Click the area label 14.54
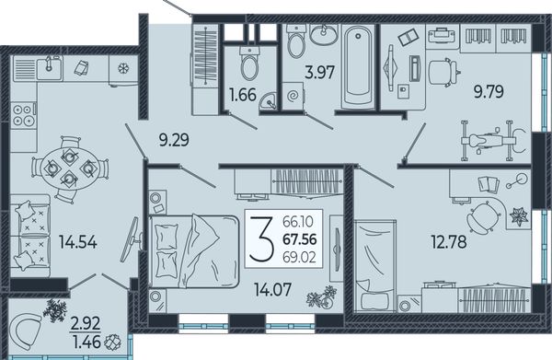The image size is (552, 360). point(78,242)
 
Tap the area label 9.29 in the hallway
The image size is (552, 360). point(174,140)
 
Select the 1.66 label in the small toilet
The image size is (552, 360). point(243,95)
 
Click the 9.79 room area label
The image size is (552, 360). point(489,91)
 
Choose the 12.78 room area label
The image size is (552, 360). point(449,242)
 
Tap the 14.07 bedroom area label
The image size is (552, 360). point(273,289)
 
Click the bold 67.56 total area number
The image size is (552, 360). point(300,239)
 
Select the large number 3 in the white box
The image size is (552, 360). point(261,239)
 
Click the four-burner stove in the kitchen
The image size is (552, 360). point(24,115)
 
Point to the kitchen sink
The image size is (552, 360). point(50,67)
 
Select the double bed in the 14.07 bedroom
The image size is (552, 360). point(194,251)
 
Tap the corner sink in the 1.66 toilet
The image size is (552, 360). point(269,101)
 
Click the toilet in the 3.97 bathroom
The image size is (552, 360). point(296,41)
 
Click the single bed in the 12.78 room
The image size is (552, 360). point(375,266)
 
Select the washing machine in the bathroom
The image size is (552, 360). point(293,96)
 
